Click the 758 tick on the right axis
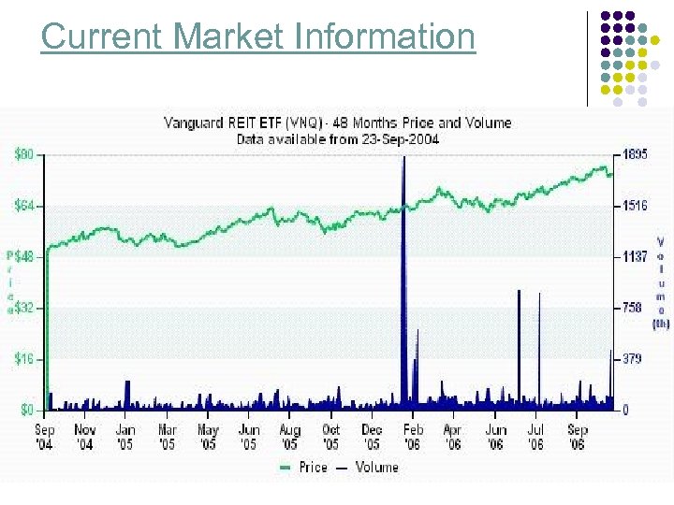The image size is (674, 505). pos(633,307)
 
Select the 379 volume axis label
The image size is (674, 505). pos(633,358)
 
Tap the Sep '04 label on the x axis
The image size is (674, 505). pos(45,437)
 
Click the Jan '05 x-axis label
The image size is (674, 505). pos(125,437)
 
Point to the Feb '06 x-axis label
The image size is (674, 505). pos(412,437)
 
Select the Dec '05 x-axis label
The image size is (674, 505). pos(372,437)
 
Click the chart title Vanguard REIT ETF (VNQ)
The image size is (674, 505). pos(271,123)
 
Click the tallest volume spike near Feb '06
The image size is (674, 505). pos(404,234)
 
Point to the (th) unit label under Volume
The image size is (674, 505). pos(661,324)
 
